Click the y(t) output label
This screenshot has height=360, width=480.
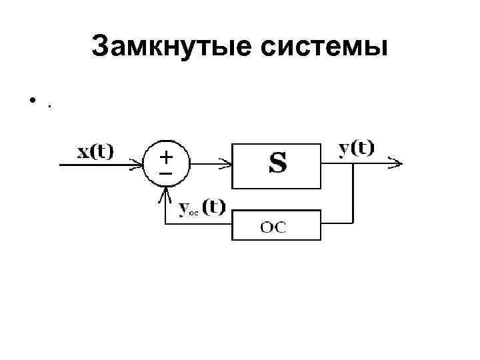(357, 148)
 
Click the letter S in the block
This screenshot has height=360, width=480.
(277, 163)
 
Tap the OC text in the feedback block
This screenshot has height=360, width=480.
(273, 227)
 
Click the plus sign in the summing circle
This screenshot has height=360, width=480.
(165, 157)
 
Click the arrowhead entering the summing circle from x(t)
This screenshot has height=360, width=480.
(139, 163)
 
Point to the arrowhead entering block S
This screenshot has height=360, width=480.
(227, 163)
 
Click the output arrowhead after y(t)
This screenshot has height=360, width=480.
(397, 163)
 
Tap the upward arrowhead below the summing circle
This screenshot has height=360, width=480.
(165, 193)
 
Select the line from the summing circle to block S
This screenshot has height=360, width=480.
(207, 163)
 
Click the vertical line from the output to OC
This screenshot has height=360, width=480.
(352, 193)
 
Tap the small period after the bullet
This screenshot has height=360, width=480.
(49, 105)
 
